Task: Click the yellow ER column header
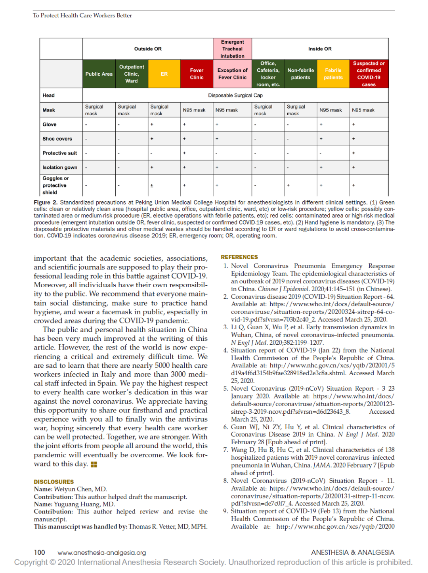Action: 164,74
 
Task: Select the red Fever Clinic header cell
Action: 197,74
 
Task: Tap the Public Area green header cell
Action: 99,74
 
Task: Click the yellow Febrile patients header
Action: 333,74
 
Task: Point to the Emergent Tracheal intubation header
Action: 233,49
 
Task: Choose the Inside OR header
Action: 320,49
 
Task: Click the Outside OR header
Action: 148,49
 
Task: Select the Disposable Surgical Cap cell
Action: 235,95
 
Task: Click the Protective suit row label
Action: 60,153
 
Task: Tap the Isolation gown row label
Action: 60,168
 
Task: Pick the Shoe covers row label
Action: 57,139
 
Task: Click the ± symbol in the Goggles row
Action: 152,185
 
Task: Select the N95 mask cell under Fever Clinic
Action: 194,110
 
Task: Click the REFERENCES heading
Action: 239,257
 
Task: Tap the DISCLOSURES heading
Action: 54,482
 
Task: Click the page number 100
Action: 40,552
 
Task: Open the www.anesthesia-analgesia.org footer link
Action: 102,553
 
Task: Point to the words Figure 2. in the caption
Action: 46,202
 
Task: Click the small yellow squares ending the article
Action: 94,464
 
